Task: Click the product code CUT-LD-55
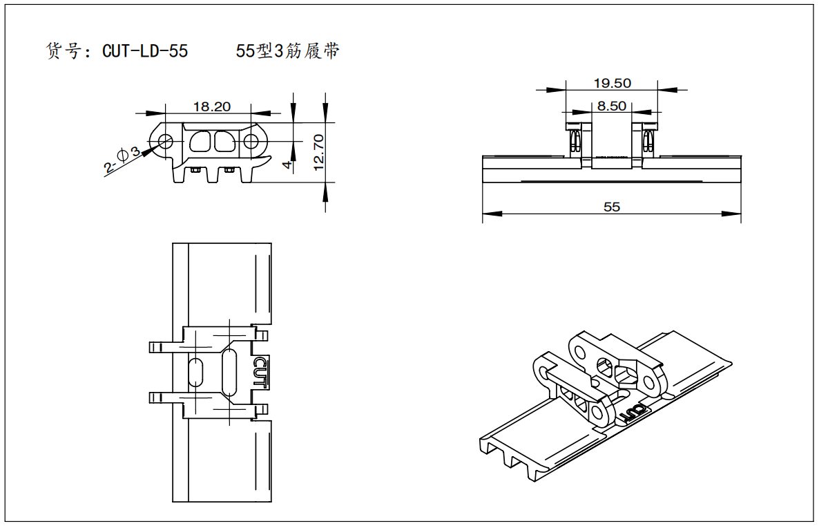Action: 145,51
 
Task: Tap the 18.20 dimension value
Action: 211,106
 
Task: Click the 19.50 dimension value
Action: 612,83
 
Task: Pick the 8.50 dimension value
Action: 612,106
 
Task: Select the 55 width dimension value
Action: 612,207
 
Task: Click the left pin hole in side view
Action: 166,141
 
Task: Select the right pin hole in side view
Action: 251,141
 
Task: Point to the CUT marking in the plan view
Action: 260,372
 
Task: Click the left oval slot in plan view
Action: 196,373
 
